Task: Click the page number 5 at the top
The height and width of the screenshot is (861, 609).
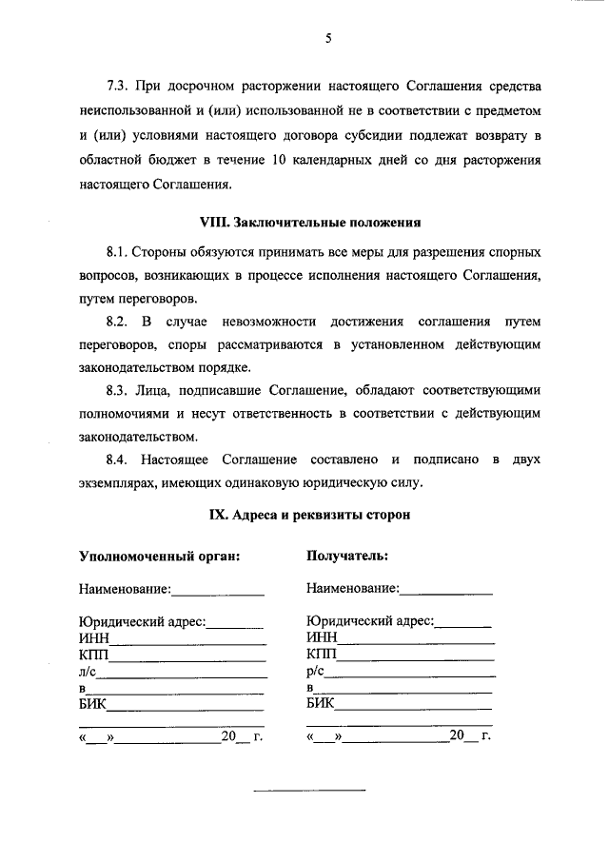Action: coord(327,39)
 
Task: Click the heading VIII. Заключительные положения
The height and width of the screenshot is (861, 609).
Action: coord(309,223)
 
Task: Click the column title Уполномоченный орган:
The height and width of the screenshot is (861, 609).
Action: coord(159,557)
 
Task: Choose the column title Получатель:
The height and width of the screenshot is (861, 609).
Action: coord(347,557)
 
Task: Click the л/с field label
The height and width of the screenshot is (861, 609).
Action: coord(88,672)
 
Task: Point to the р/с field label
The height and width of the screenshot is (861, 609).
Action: coord(316,672)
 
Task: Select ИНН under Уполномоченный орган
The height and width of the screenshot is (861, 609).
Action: coord(94,637)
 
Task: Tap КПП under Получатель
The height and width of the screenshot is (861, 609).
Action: coord(323,655)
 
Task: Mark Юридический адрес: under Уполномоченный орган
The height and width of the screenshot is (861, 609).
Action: coord(143,621)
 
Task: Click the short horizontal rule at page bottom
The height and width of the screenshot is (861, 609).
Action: coord(308,791)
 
